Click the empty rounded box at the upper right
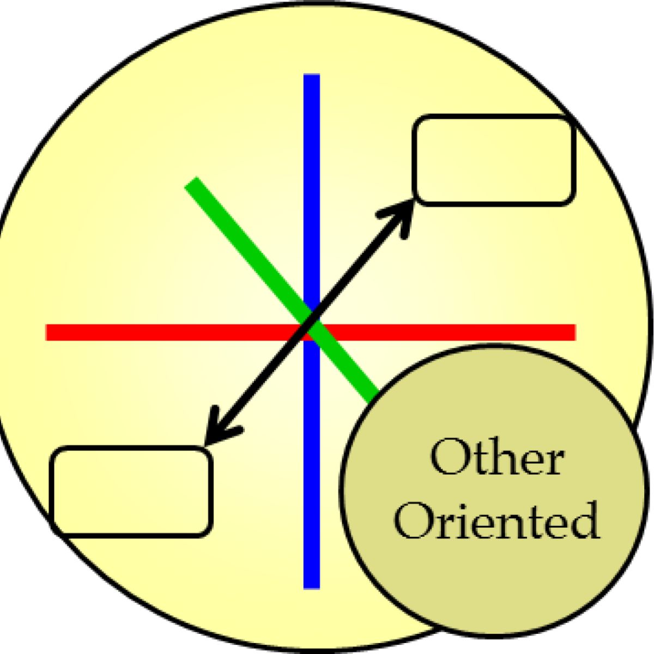tap(494, 160)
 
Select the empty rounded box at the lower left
tap(131, 491)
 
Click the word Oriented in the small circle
tap(496, 520)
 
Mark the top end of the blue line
tap(312, 76)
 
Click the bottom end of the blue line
tap(312, 586)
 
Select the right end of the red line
tap(573, 332)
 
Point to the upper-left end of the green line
tap(191, 183)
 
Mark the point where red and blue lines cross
tap(312, 332)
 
